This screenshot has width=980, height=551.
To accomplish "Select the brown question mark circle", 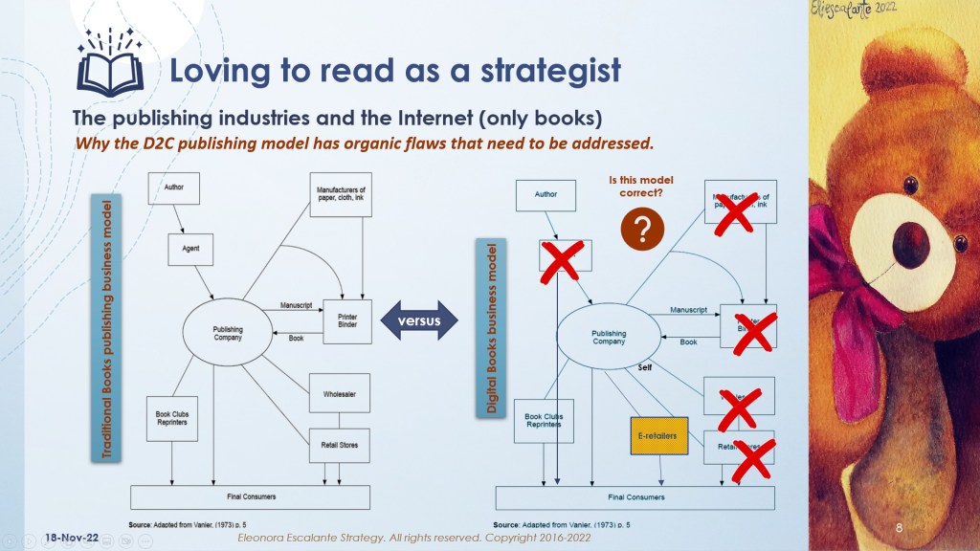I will (643, 231).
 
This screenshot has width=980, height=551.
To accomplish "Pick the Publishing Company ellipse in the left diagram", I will (228, 331).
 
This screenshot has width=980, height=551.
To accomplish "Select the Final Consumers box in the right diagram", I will (635, 497).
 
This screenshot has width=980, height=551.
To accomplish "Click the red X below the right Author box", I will (562, 259).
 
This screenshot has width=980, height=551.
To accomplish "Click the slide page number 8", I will (899, 529).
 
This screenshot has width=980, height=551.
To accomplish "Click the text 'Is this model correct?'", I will (635, 185).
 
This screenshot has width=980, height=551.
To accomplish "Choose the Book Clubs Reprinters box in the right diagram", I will (545, 420).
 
